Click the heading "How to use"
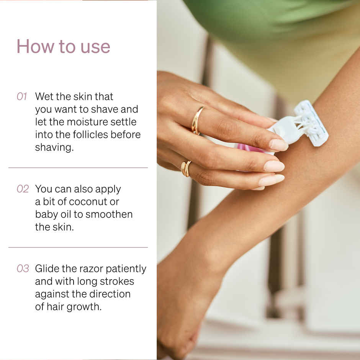[63, 46]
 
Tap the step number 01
[22, 97]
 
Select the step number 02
[23, 189]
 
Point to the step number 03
[23, 269]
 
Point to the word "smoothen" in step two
[109, 214]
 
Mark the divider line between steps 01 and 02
[78, 168]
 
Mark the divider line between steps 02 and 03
[78, 247]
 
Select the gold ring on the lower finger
[186, 169]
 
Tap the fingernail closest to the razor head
[278, 145]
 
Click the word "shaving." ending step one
[54, 147]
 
